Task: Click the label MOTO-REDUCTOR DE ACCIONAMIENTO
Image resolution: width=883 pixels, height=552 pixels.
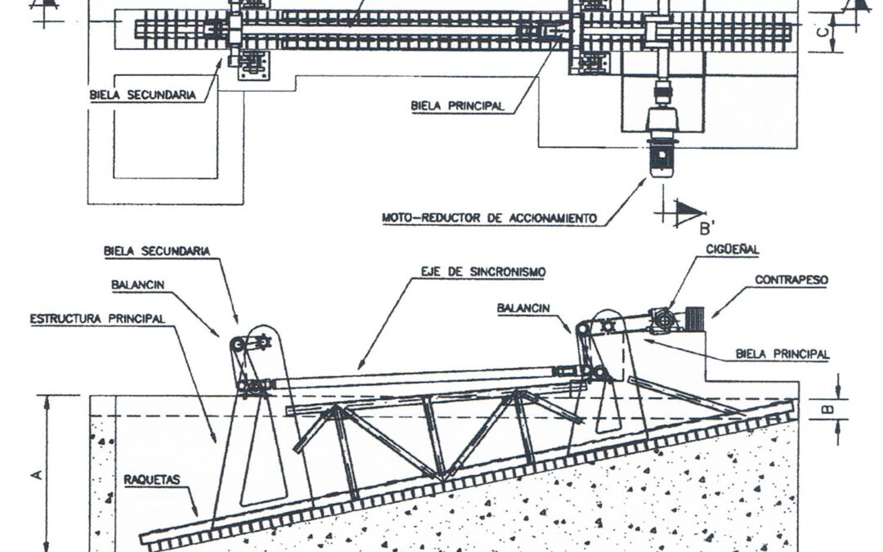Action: [x=489, y=218]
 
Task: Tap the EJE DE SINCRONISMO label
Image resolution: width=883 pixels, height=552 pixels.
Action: [x=483, y=272]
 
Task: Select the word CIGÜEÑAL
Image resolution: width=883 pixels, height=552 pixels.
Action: [x=732, y=249]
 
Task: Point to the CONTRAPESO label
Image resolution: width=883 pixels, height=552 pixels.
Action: [x=791, y=280]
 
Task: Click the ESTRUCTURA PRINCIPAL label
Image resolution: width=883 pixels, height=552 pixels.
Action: [x=97, y=319]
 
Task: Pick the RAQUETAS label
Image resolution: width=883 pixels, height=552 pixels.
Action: [x=152, y=480]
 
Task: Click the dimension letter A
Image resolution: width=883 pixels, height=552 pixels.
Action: [x=37, y=475]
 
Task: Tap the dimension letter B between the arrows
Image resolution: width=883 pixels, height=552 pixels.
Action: [x=827, y=407]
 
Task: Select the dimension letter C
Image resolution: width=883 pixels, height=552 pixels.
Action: [x=822, y=32]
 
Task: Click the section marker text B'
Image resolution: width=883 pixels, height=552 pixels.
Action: [x=706, y=228]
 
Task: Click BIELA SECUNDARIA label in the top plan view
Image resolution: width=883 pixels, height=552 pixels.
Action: [x=143, y=95]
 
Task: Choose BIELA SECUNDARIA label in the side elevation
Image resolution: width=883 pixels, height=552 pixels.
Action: [x=156, y=251]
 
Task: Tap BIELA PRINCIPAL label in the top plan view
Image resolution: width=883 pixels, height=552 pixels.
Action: [x=457, y=105]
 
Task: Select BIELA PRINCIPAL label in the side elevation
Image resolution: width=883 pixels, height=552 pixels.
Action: [x=782, y=354]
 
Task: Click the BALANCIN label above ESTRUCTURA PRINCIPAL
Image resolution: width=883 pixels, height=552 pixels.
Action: [x=138, y=285]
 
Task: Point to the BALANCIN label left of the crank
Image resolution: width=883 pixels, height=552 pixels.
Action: [x=523, y=308]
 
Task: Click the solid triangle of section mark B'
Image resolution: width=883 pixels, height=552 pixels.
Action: [x=689, y=209]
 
